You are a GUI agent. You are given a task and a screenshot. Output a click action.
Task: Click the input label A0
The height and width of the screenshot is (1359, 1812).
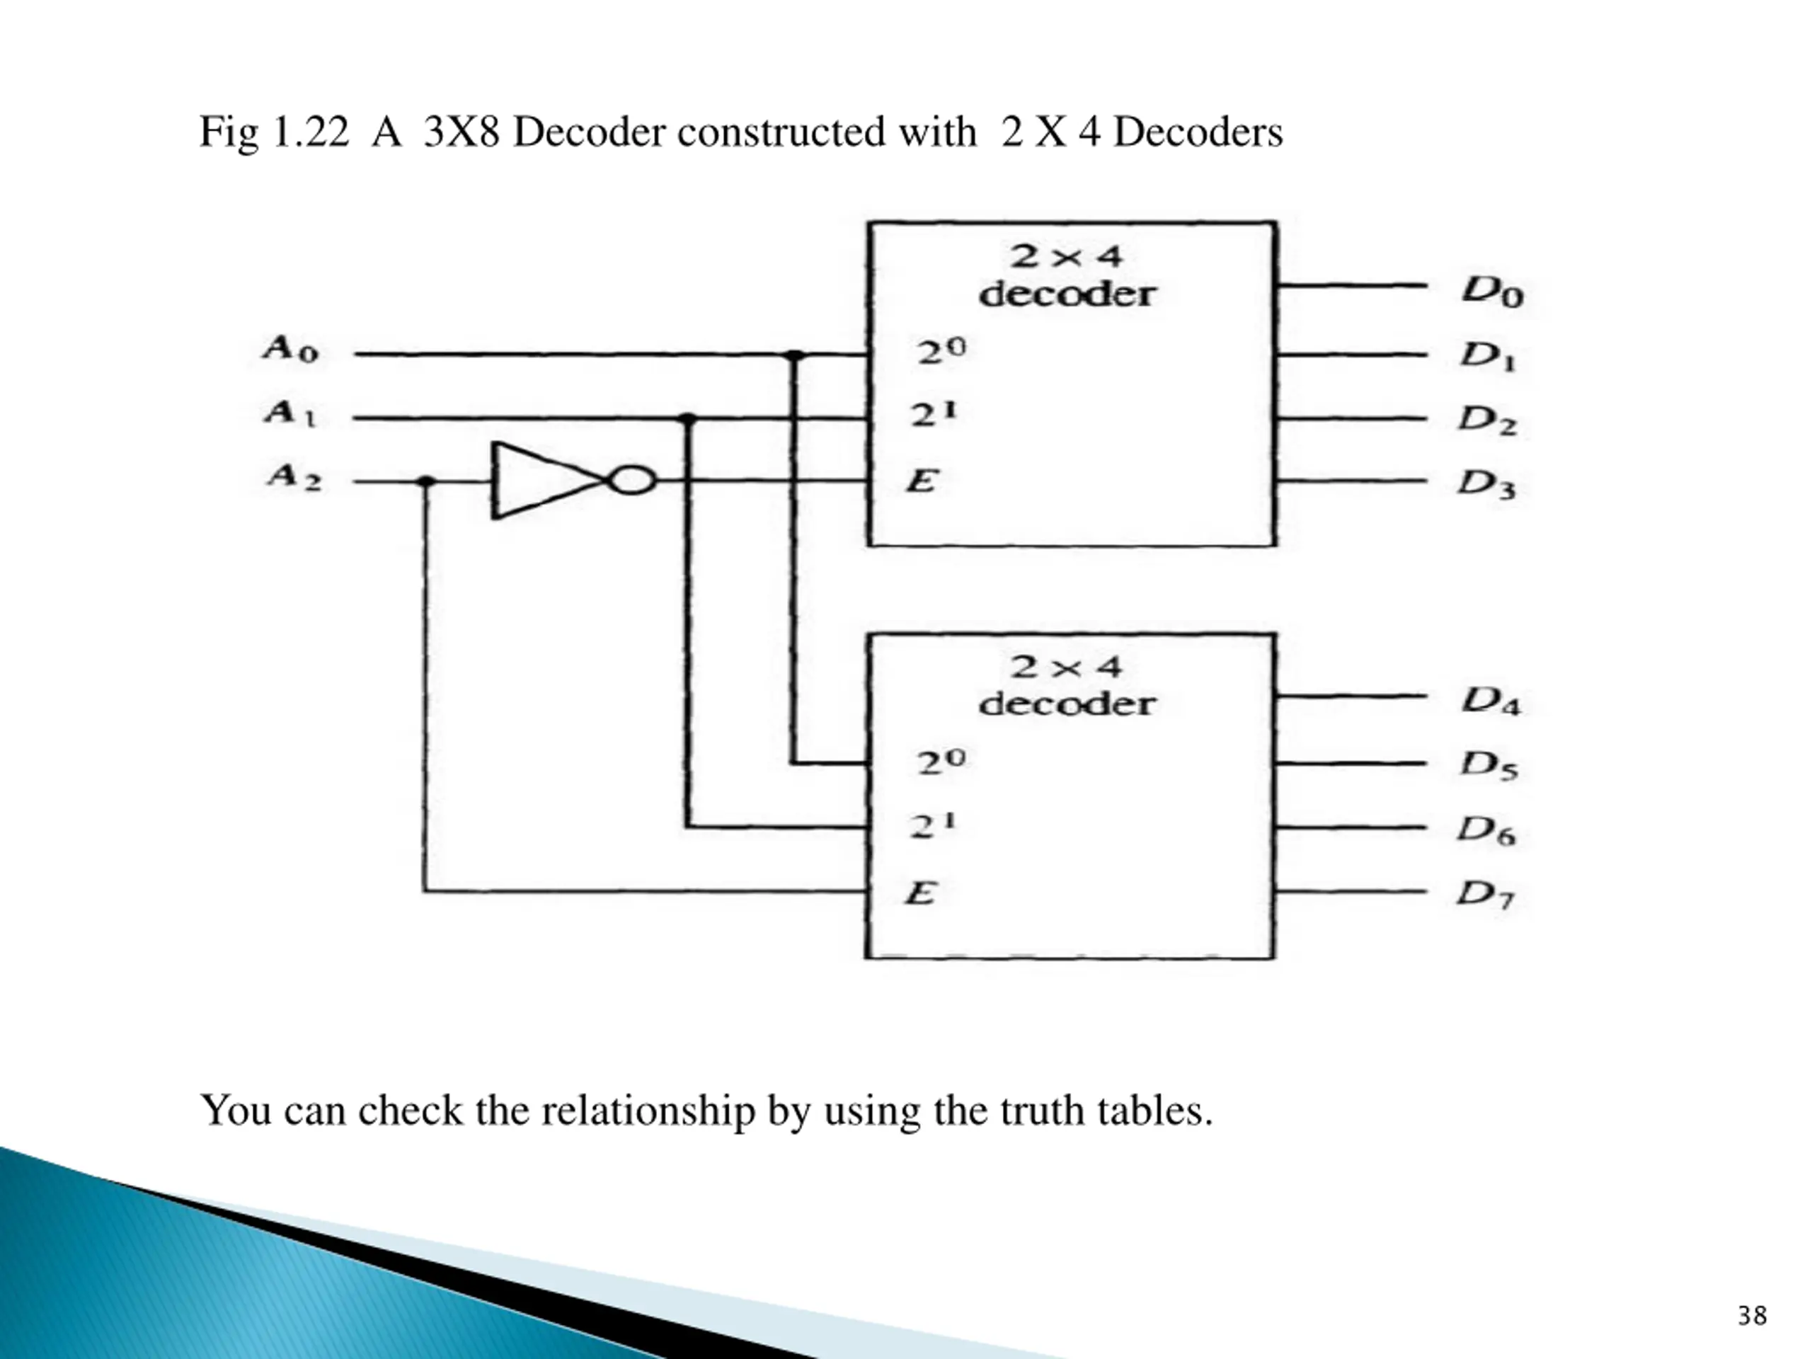tap(290, 349)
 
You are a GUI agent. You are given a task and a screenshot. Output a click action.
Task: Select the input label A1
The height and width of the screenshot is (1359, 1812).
tap(290, 412)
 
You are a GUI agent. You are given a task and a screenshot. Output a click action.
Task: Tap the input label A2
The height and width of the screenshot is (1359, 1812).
tap(293, 476)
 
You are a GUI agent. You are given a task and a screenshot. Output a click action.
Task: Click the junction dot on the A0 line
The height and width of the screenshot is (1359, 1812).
tap(793, 355)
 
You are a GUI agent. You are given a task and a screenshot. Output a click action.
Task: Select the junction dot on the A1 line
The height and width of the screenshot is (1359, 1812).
tap(688, 418)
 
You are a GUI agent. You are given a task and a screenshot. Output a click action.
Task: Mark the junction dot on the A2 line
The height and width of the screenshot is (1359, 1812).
tap(425, 482)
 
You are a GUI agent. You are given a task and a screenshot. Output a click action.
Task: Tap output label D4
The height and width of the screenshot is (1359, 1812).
tap(1491, 701)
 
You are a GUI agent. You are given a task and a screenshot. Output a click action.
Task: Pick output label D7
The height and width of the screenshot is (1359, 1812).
tap(1485, 894)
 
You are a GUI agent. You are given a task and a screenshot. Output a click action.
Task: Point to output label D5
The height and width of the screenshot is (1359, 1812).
tap(1489, 765)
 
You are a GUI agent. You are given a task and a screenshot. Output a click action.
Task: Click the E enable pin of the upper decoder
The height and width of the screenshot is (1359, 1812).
tap(921, 481)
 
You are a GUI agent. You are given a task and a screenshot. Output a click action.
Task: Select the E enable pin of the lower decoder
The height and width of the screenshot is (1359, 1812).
tap(920, 892)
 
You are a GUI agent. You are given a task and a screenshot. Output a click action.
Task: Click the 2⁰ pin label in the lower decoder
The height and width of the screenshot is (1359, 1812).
tap(941, 762)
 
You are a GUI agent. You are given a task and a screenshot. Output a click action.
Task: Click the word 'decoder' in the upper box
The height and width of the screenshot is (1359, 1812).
tap(1067, 294)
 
